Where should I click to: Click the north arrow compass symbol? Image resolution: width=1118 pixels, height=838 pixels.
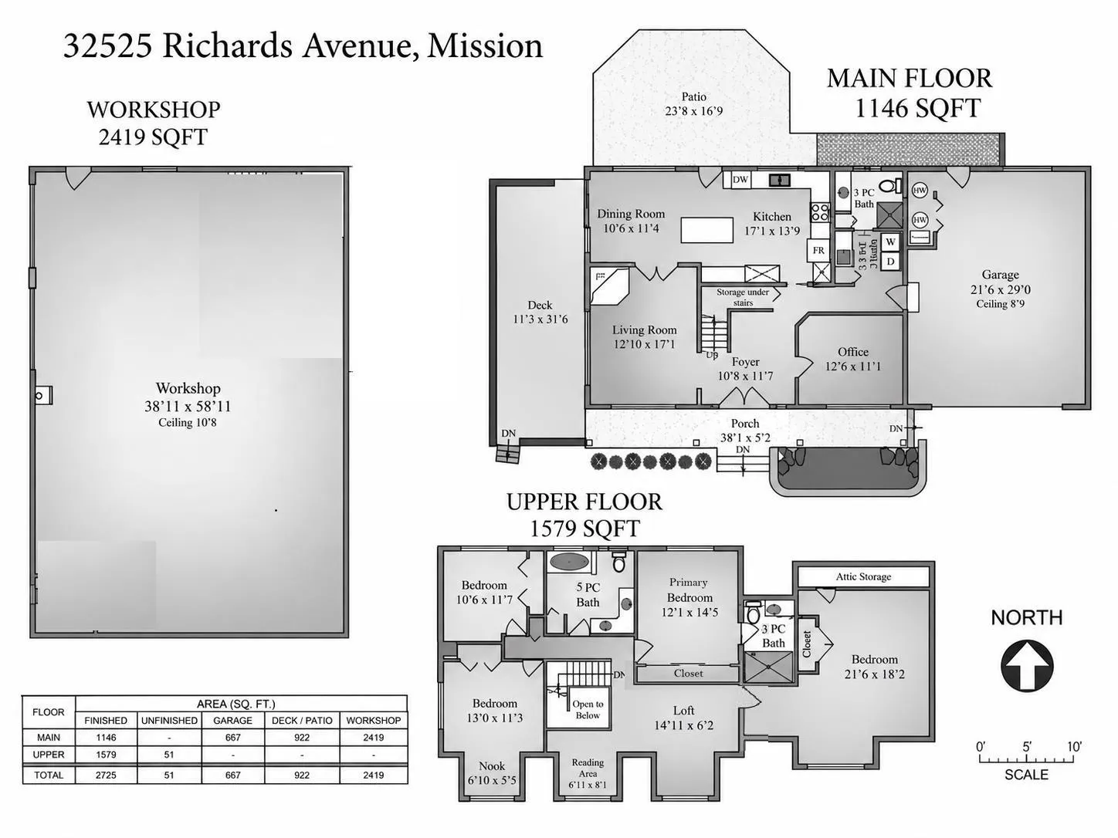coord(1027,665)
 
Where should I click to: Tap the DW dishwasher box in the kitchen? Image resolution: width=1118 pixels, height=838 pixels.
coord(740,180)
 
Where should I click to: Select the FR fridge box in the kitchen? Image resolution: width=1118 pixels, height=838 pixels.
coord(818,250)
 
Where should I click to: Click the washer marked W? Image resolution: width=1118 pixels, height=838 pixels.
coord(890,242)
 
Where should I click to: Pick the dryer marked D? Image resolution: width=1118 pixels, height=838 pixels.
coord(890,262)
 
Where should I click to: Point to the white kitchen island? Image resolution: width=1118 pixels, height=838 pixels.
coord(707,231)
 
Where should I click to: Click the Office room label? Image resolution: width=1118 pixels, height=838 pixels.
coord(853,352)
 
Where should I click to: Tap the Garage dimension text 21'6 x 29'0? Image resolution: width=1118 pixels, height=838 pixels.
coord(1001,289)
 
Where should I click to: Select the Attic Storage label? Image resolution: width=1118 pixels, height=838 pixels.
coord(863,576)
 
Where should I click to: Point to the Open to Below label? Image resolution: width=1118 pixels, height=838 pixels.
coord(588,709)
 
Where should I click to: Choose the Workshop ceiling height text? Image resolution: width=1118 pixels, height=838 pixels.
coord(188,422)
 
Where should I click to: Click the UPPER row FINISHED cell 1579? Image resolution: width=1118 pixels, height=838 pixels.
coord(106,754)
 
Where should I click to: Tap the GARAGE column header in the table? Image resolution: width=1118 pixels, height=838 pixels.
coord(232,721)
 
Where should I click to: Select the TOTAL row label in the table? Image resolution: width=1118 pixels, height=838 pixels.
coord(49,775)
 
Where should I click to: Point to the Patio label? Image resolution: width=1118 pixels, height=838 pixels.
coord(693,96)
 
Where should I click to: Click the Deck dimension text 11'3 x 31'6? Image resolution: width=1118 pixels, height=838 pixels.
coord(540,319)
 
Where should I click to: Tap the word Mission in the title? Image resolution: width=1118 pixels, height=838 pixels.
coord(485,46)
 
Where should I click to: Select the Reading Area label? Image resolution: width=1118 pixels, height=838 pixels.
coord(588,768)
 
